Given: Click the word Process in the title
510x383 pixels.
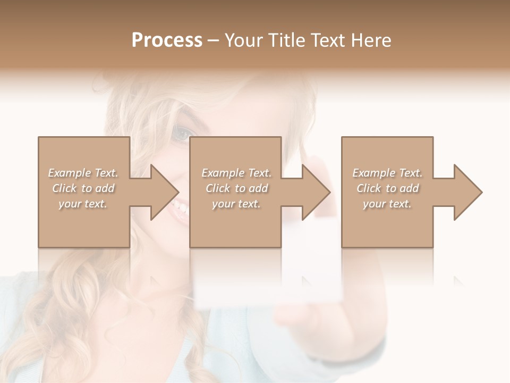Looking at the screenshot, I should (x=167, y=40).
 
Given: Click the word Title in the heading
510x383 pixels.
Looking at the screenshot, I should (x=285, y=40).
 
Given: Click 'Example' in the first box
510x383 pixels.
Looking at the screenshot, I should (x=70, y=173).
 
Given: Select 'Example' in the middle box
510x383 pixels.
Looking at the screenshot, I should (x=223, y=173).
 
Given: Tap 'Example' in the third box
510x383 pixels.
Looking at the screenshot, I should (x=374, y=173).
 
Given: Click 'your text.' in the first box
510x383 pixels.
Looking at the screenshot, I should (x=83, y=204).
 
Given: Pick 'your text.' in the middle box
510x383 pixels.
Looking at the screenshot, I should (x=236, y=204).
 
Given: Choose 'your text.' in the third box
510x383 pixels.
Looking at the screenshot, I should (x=387, y=204).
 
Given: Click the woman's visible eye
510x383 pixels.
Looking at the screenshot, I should (x=181, y=134).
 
